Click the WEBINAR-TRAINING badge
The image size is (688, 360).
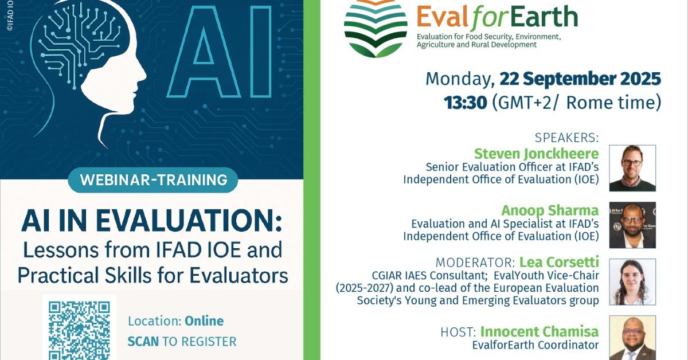click(x=153, y=180)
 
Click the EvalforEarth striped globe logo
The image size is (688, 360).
click(x=376, y=29)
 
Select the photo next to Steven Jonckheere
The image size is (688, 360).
click(x=632, y=169)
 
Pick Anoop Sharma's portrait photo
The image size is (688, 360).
click(x=632, y=225)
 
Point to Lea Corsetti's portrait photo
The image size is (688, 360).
click(x=632, y=282)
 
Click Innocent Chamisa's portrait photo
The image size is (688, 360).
click(x=632, y=338)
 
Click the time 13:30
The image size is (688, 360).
click(x=466, y=103)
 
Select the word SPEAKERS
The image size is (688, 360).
click(x=566, y=138)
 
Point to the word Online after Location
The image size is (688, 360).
click(x=204, y=321)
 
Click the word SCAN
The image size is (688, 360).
click(x=143, y=342)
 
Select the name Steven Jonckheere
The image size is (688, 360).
click(x=536, y=153)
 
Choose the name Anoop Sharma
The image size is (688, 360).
click(x=550, y=210)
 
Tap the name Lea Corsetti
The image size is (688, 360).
click(x=559, y=262)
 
